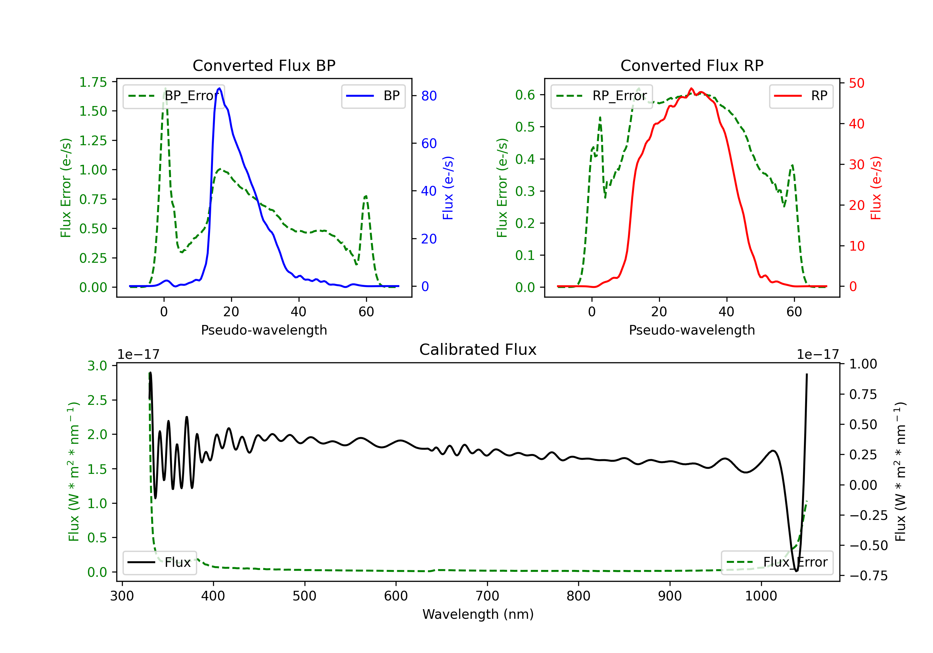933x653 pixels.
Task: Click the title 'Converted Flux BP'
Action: click(264, 65)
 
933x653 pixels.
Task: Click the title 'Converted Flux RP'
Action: click(692, 65)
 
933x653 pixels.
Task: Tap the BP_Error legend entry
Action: click(174, 96)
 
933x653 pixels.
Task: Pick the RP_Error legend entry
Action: click(601, 96)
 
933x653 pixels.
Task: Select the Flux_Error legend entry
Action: click(777, 563)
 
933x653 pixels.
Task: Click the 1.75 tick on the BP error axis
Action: click(93, 82)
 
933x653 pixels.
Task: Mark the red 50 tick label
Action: click(856, 83)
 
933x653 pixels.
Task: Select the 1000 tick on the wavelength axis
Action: click(761, 596)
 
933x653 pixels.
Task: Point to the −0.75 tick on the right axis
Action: click(868, 576)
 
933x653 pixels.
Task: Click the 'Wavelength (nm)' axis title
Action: click(478, 614)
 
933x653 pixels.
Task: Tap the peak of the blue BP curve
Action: click(220, 88)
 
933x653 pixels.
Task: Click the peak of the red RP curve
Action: click(691, 89)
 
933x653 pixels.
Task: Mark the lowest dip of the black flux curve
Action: click(796, 571)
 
